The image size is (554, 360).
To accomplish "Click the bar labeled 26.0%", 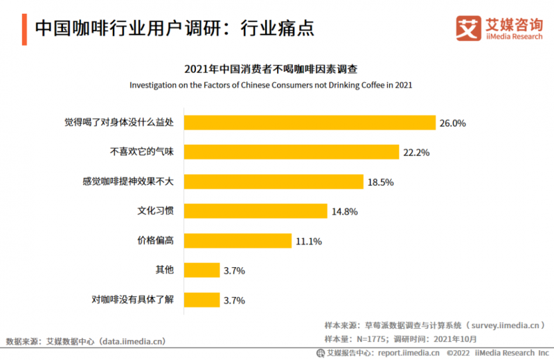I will pyautogui.click(x=309, y=123).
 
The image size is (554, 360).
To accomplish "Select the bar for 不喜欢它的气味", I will pyautogui.click(x=292, y=152).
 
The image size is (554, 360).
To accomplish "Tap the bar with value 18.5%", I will pyautogui.click(x=274, y=182).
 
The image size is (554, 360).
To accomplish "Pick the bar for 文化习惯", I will pyautogui.click(x=256, y=211).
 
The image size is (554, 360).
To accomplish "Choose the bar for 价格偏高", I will pyautogui.click(x=238, y=241).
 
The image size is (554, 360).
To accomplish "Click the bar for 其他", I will pyautogui.click(x=202, y=270).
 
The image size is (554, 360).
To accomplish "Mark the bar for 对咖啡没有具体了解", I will pyautogui.click(x=202, y=300).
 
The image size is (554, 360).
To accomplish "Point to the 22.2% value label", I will pyautogui.click(x=416, y=152).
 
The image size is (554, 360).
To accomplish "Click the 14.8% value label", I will pyautogui.click(x=344, y=212).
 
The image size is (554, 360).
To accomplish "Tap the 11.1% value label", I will pyautogui.click(x=308, y=241).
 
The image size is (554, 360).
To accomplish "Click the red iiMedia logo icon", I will pyautogui.click(x=467, y=28).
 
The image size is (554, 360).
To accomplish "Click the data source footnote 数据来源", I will pyautogui.click(x=86, y=341).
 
